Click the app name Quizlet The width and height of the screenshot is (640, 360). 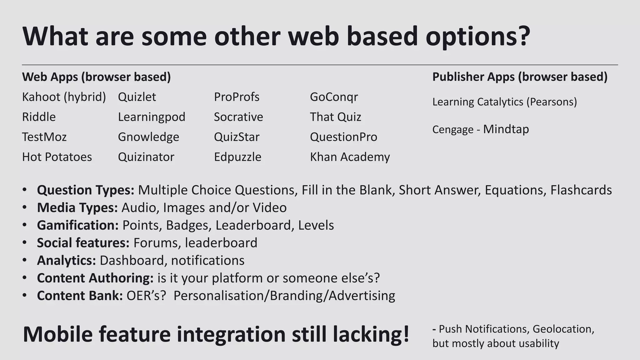(137, 97)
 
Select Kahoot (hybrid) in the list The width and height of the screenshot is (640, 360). (64, 97)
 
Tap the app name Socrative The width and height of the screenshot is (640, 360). (238, 117)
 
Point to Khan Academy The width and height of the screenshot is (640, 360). (350, 157)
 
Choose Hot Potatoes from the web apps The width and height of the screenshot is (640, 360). (57, 157)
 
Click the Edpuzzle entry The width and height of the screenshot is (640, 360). (237, 157)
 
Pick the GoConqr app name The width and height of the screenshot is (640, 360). (334, 97)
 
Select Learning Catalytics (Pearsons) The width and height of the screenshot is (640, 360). (504, 102)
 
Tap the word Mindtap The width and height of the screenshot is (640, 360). (506, 129)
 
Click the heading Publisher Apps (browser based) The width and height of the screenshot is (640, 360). (520, 77)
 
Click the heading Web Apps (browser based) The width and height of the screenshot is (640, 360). (96, 77)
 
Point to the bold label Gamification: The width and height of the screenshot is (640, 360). (78, 225)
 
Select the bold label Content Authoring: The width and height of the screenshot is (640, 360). (95, 278)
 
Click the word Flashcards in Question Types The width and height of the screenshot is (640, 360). (581, 190)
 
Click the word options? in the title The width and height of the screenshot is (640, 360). (478, 37)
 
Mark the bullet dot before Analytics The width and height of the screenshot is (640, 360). (25, 260)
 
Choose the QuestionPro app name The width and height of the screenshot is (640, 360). (343, 137)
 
